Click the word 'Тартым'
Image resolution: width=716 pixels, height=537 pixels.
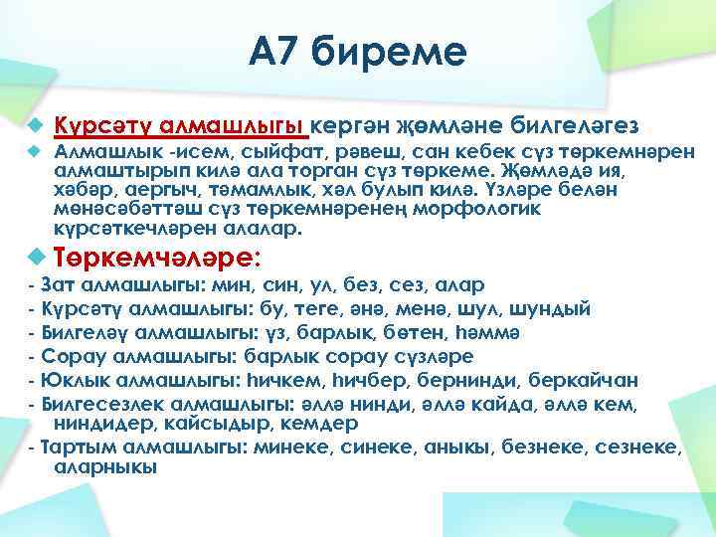(x=81, y=447)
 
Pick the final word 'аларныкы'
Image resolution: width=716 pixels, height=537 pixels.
(x=104, y=466)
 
